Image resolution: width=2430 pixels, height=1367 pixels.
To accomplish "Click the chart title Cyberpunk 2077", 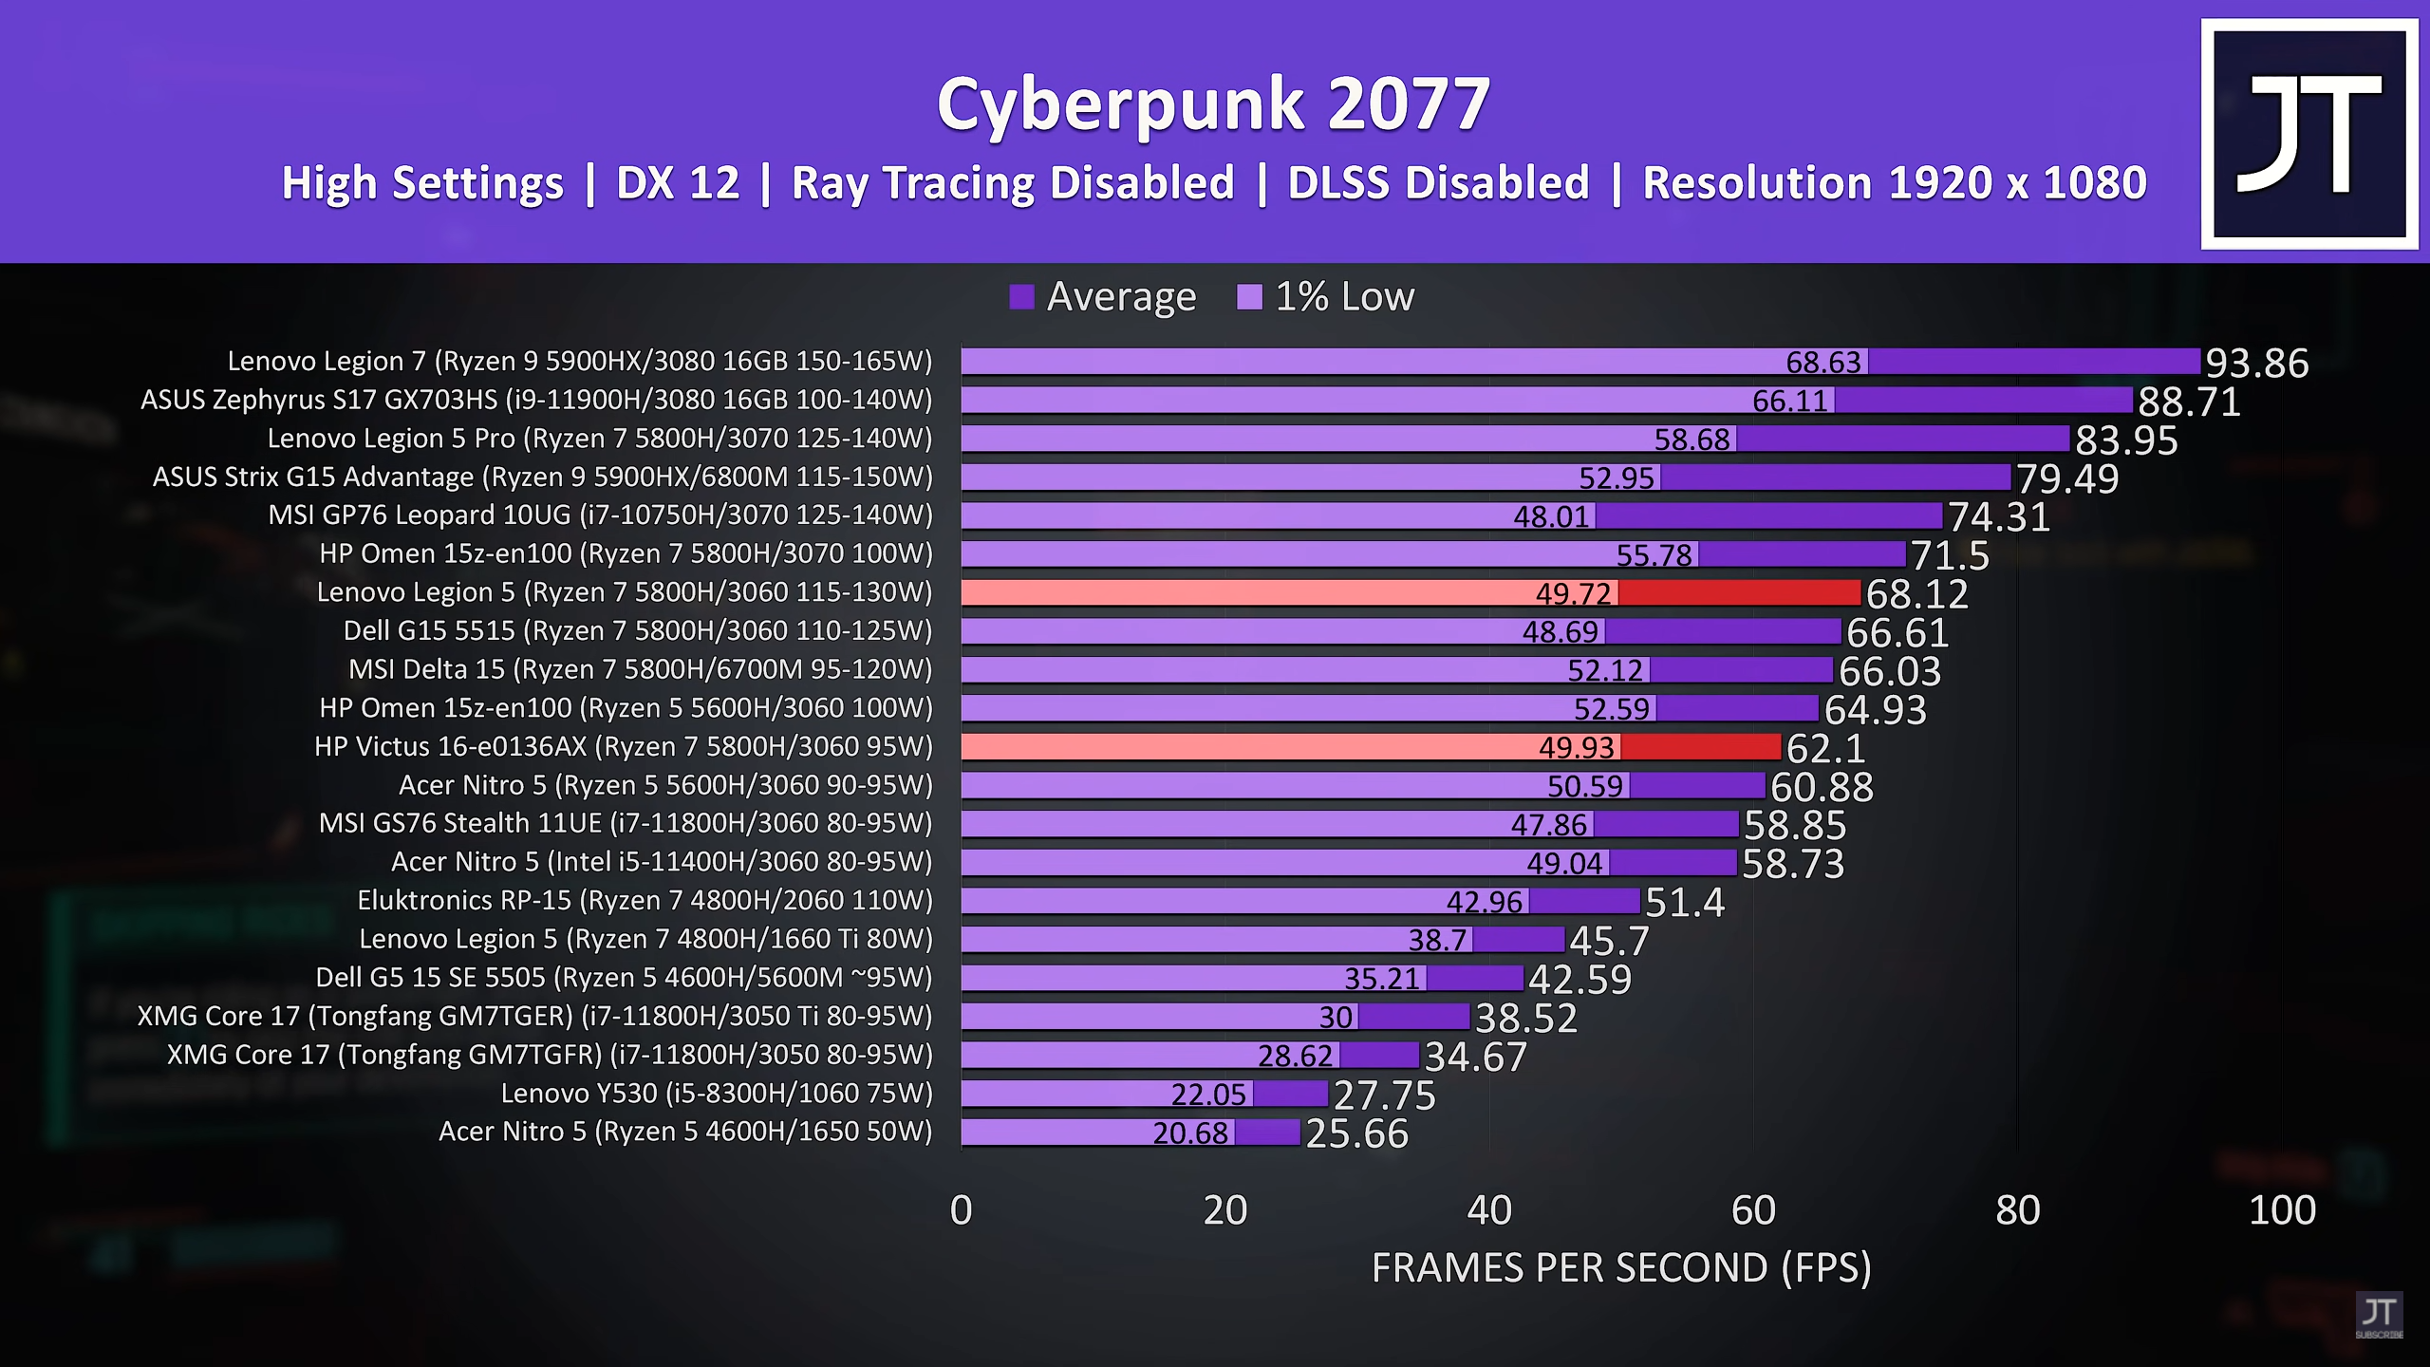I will pyautogui.click(x=1213, y=104).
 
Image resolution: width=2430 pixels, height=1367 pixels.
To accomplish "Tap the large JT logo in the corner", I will pyautogui.click(x=2308, y=133).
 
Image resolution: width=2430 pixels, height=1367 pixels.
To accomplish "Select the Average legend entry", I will pyautogui.click(x=1103, y=297).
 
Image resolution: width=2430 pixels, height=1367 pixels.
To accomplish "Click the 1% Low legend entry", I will pyautogui.click(x=1327, y=297).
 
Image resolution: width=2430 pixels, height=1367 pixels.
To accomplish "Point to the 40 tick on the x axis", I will pyautogui.click(x=1488, y=1210).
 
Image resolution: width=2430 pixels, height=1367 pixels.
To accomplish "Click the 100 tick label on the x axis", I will pyautogui.click(x=2282, y=1210).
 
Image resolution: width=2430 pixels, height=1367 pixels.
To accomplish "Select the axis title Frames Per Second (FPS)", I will pyautogui.click(x=1621, y=1268).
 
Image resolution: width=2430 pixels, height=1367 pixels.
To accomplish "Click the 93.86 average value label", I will pyautogui.click(x=2256, y=363).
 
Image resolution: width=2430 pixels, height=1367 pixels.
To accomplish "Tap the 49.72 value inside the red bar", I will pyautogui.click(x=1573, y=594).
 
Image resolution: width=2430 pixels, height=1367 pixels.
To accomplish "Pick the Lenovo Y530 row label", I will pyautogui.click(x=717, y=1094).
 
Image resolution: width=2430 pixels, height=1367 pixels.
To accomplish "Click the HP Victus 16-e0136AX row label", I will pyautogui.click(x=624, y=747).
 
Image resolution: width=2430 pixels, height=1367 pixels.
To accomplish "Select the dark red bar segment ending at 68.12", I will pyautogui.click(x=1739, y=593).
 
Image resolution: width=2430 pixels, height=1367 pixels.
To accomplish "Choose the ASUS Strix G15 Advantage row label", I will pyautogui.click(x=543, y=477).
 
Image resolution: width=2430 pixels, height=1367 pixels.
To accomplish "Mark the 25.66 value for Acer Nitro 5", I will pyautogui.click(x=1356, y=1133).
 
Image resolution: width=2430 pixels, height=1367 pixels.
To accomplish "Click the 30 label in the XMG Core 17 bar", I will pyautogui.click(x=1336, y=1018).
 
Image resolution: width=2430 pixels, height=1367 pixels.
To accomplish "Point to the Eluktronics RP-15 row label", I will pyautogui.click(x=645, y=900).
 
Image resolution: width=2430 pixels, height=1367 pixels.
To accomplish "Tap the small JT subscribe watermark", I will pyautogui.click(x=2379, y=1316).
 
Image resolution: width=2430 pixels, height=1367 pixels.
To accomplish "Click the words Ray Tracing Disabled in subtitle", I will pyautogui.click(x=1013, y=183).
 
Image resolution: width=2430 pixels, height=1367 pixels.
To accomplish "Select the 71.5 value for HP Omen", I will pyautogui.click(x=1949, y=555).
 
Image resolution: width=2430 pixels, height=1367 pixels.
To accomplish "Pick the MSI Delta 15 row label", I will pyautogui.click(x=641, y=669).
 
